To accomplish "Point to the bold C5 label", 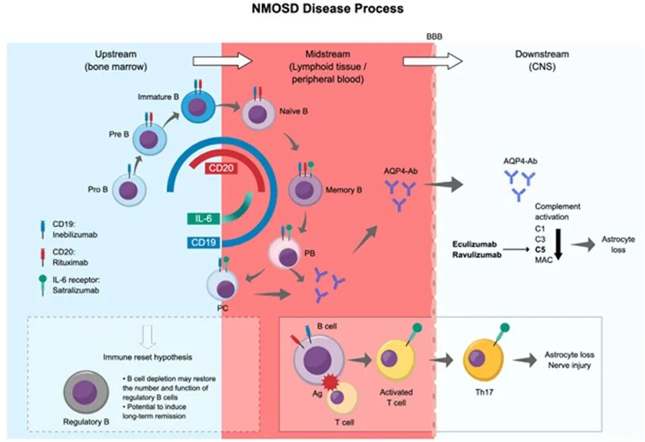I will click(541, 249).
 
